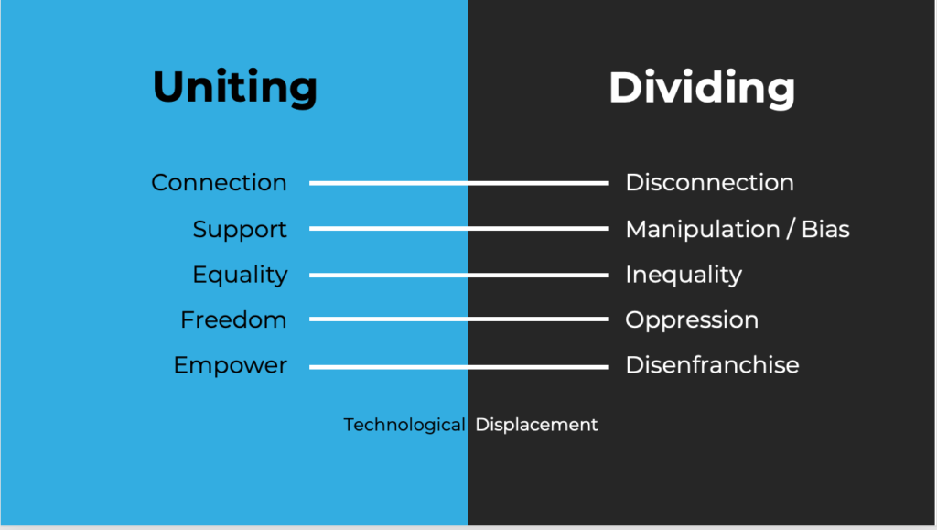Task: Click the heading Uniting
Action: (235, 88)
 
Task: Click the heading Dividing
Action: (702, 88)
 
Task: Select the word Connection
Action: (219, 183)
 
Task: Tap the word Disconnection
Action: (709, 183)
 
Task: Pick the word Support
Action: (240, 230)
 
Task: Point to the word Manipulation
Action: (702, 230)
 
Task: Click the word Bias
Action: (825, 230)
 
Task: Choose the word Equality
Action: (240, 276)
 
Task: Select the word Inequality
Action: (683, 276)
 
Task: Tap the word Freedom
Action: (233, 320)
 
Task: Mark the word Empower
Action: (230, 365)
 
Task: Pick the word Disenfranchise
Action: (712, 365)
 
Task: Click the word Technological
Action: (404, 425)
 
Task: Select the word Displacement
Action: (536, 425)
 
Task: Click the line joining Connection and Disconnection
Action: (458, 183)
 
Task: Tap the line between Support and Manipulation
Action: (458, 228)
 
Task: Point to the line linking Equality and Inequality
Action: (458, 275)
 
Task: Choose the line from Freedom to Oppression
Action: (458, 319)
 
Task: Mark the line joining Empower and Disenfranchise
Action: (458, 367)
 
